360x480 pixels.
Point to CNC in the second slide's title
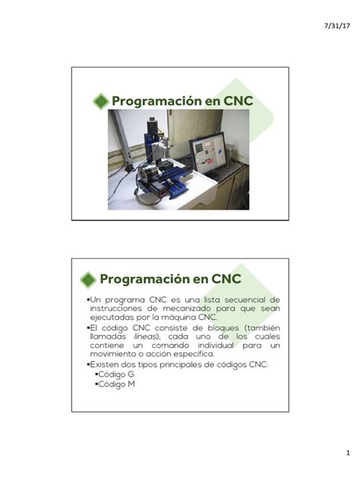pyautogui.click(x=226, y=279)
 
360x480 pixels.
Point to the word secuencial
pyautogui.click(x=235, y=299)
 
